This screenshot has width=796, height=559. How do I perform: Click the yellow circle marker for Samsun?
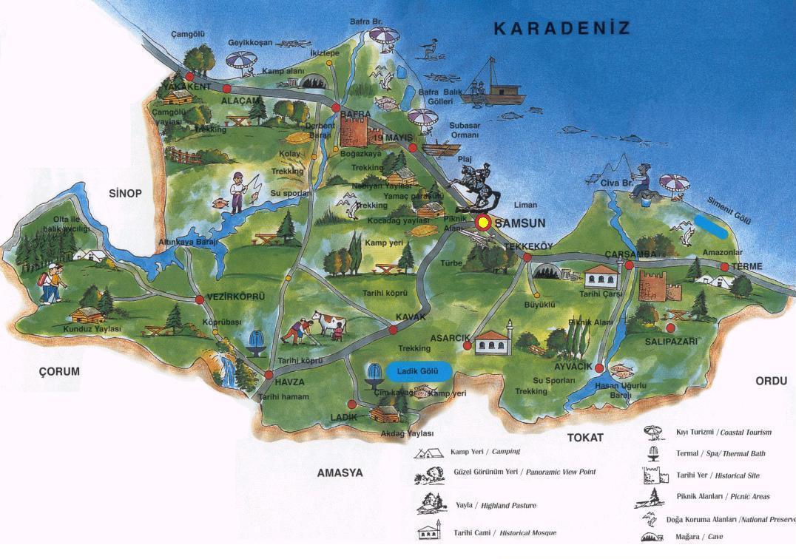tap(483, 222)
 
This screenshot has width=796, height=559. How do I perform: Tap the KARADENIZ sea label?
tap(561, 29)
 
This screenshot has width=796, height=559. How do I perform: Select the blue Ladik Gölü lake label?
tap(418, 372)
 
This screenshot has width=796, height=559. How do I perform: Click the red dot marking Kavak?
tap(393, 330)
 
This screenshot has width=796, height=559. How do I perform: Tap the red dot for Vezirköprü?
tap(200, 299)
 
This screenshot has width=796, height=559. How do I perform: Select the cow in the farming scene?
tap(330, 323)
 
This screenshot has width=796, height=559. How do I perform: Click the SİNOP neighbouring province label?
tap(124, 193)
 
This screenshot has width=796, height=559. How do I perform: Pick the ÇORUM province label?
tap(59, 371)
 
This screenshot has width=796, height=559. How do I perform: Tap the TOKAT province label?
tap(585, 437)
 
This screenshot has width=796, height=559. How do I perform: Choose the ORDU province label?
tap(772, 381)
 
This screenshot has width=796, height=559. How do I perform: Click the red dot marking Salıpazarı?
tap(670, 328)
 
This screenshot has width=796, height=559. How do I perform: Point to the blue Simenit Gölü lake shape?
tap(711, 227)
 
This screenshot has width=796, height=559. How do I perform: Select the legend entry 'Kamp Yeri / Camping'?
tap(485, 452)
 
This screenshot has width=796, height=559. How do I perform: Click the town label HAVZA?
tap(289, 382)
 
